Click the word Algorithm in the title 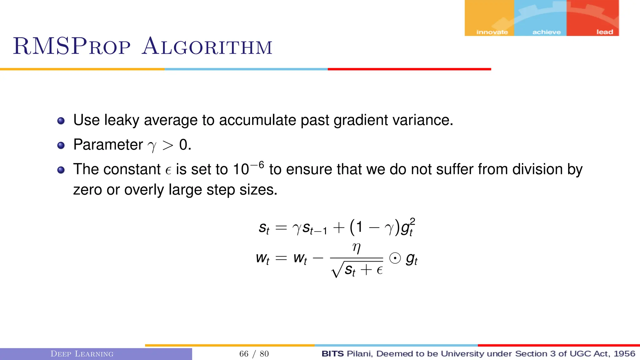point(207,47)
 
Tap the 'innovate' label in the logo point(492,32)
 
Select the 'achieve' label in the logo point(546,32)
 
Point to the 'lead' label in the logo point(604,32)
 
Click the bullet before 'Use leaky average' point(61,121)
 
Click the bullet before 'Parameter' point(61,145)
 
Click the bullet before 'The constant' point(61,170)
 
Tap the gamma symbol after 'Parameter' point(152,146)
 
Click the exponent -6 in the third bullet point(257,165)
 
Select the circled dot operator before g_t point(395,258)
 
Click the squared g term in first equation point(407,227)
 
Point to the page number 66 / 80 point(254,354)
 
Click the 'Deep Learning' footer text point(82,354)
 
